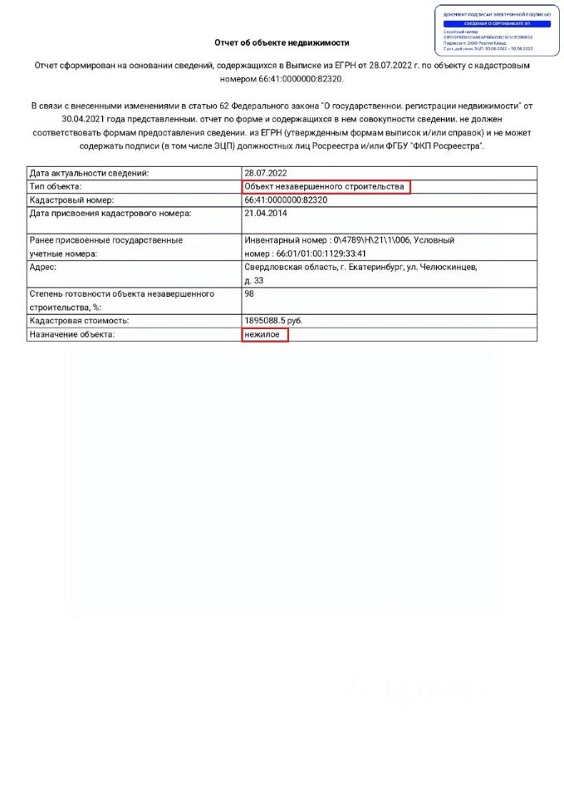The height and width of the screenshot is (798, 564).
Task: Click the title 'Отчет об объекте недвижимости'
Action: pos(282,42)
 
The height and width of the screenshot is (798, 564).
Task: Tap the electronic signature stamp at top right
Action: pos(497,30)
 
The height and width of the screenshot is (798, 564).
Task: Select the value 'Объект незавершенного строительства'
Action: pos(326,187)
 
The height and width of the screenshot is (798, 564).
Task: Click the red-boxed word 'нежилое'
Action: pos(264,334)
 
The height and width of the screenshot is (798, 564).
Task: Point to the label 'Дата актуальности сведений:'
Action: pos(89,174)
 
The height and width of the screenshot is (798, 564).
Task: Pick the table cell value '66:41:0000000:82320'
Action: pos(286,200)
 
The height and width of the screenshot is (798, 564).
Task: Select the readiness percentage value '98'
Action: pos(249,293)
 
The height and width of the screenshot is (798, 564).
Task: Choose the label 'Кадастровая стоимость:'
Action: pos(80,320)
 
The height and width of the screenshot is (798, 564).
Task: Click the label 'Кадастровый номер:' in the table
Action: pos(71,200)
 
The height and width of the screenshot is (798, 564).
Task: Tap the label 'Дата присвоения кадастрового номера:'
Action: pos(110,214)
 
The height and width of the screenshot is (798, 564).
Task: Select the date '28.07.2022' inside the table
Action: pos(265,174)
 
